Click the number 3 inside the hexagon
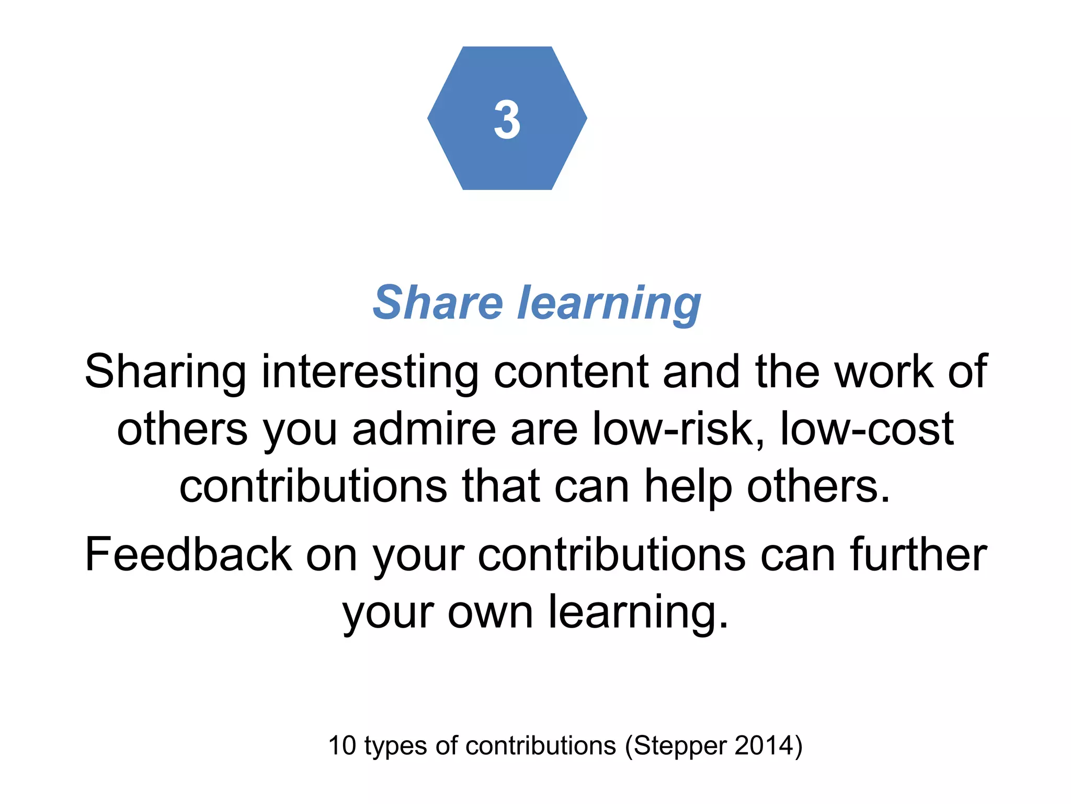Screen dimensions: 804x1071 click(507, 120)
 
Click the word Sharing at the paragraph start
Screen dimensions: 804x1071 click(165, 373)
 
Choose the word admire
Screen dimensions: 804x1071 click(424, 429)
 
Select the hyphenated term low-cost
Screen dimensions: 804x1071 click(867, 429)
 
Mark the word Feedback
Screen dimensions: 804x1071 click(188, 554)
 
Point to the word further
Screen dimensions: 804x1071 click(918, 554)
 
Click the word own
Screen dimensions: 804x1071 click(490, 612)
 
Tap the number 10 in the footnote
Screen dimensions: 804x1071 click(342, 745)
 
